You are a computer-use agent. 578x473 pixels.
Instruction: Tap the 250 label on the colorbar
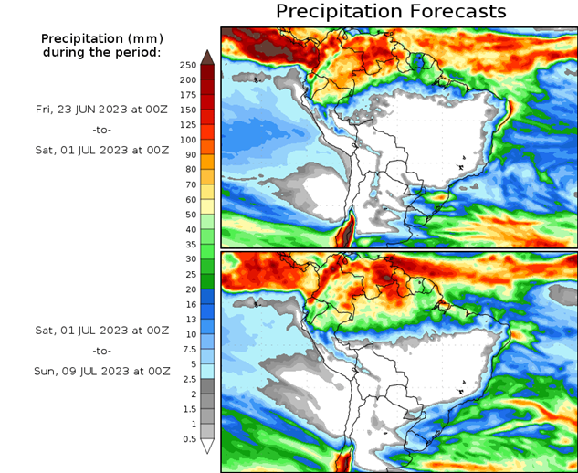187,65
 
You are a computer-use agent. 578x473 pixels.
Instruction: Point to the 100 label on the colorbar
187,140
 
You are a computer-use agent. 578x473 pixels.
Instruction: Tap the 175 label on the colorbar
187,95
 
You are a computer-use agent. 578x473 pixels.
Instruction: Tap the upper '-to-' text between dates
101,130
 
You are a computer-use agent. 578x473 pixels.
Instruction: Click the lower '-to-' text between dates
101,350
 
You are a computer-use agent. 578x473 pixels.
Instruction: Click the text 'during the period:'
101,52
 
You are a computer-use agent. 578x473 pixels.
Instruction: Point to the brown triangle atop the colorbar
207,57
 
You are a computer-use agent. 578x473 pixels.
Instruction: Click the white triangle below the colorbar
207,447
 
